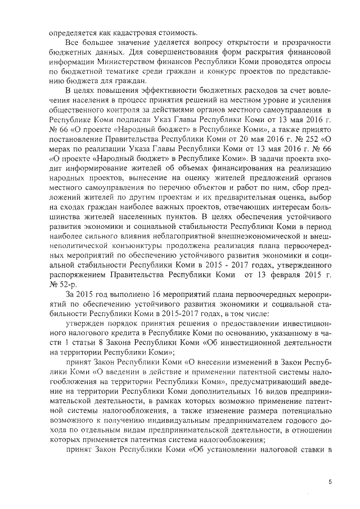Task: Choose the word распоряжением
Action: (x=82, y=276)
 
